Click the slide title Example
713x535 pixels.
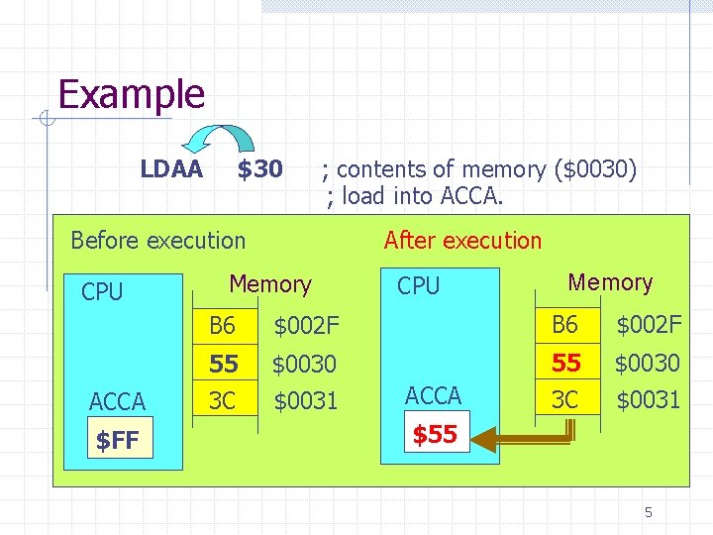[131, 94]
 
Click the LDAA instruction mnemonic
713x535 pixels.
[171, 169]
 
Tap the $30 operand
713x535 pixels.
[259, 169]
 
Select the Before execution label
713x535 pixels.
[157, 240]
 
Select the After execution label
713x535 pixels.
[462, 240]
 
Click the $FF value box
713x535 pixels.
[117, 440]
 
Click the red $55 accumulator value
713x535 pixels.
[434, 434]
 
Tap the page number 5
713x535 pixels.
[649, 512]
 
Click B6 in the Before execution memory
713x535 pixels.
[222, 325]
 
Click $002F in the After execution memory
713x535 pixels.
[649, 324]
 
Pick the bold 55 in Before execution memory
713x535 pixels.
[224, 364]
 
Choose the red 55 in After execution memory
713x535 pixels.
[566, 363]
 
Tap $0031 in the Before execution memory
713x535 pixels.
[305, 401]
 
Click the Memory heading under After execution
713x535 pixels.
[610, 282]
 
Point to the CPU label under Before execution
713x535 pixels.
[102, 292]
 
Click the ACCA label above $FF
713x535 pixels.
[117, 401]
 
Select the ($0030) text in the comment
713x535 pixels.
[598, 169]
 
